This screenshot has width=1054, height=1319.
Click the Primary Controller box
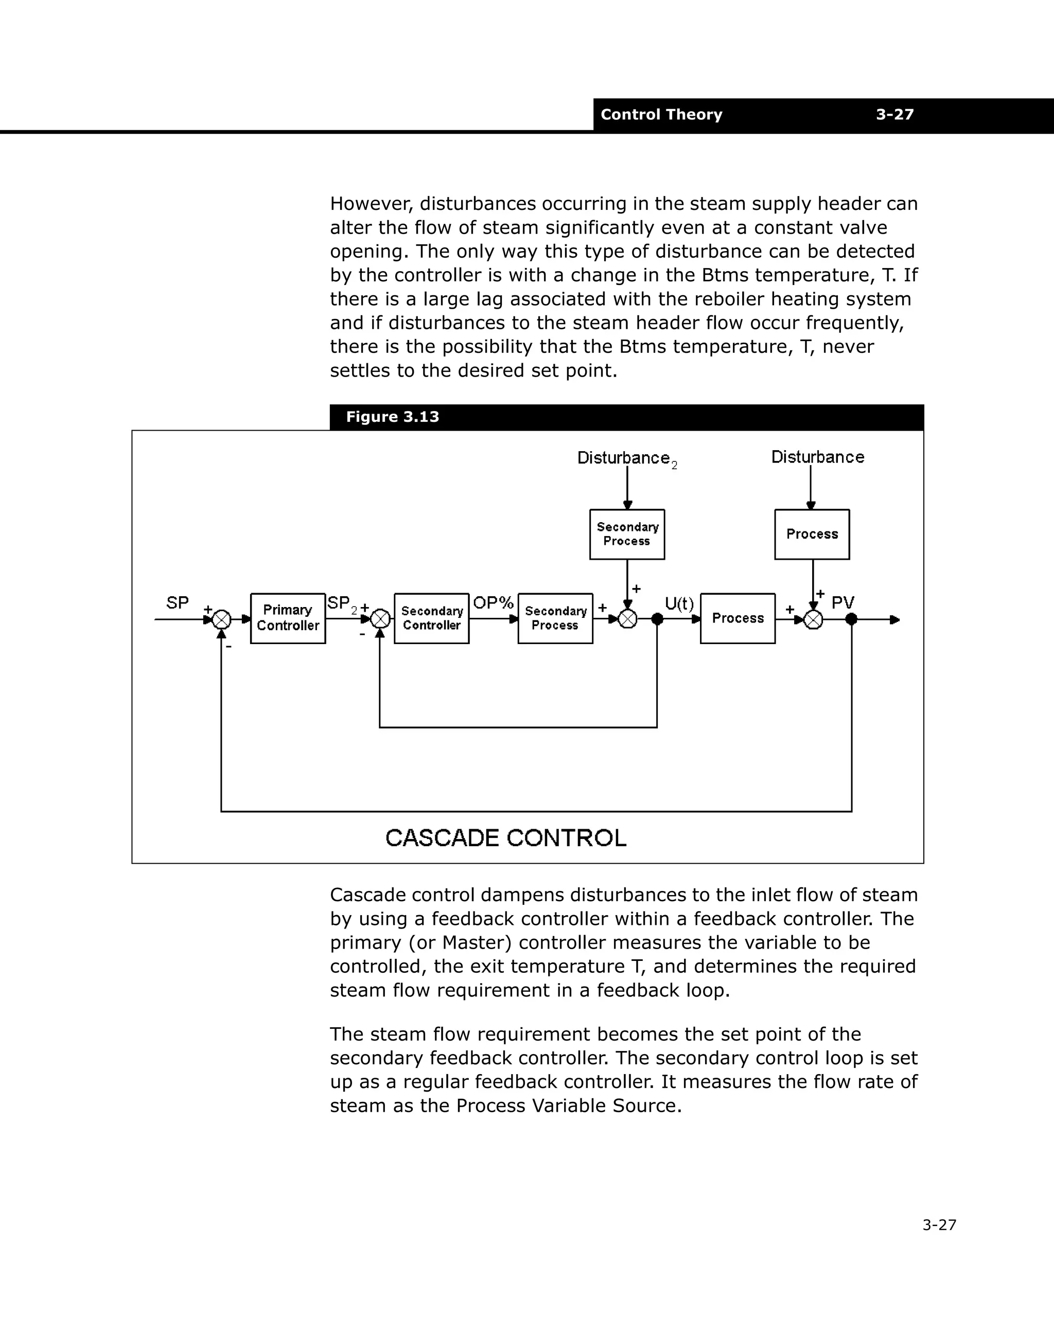(x=288, y=618)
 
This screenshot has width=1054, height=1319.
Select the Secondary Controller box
(x=431, y=618)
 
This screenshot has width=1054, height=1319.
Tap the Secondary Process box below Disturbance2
(x=627, y=534)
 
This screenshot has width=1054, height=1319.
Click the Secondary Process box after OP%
(x=555, y=618)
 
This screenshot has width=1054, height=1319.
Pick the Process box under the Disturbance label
(x=812, y=534)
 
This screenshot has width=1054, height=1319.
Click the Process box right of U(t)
(x=737, y=618)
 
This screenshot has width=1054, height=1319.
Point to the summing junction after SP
(x=222, y=620)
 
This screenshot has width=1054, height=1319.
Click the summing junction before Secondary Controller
(x=380, y=619)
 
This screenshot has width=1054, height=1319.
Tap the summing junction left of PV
(x=813, y=620)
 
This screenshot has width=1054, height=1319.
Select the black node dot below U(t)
(x=657, y=619)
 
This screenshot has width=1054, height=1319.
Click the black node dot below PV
(x=851, y=619)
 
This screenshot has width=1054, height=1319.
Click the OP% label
(x=493, y=602)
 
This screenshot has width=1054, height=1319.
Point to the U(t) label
(x=679, y=604)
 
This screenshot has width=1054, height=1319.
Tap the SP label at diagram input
(x=178, y=602)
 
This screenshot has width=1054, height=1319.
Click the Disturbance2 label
(x=625, y=458)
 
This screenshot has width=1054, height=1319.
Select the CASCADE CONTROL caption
(x=505, y=838)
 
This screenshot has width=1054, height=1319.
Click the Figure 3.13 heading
(x=392, y=417)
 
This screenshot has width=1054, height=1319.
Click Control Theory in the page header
(x=661, y=114)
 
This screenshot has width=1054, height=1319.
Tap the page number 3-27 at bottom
(x=939, y=1225)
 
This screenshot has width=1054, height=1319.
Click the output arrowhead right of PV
(x=895, y=620)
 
